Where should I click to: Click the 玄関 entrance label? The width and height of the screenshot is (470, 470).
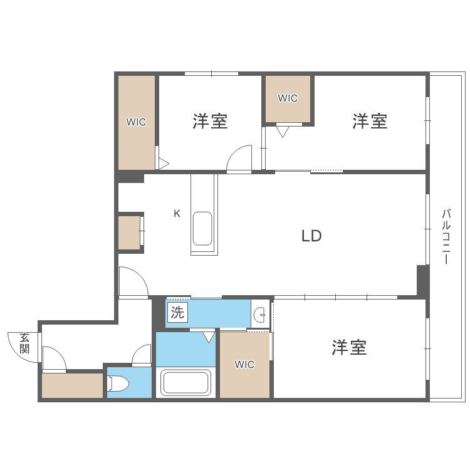[24, 343]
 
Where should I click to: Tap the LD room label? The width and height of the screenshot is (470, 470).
[311, 236]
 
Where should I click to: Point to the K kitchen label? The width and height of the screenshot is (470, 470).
[177, 213]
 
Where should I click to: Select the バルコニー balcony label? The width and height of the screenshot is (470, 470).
[446, 236]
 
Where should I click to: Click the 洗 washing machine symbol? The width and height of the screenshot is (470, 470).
[177, 313]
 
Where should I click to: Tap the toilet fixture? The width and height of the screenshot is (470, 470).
[118, 384]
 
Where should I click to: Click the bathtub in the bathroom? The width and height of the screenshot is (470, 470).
[185, 382]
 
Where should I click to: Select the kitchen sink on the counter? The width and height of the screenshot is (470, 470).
[202, 229]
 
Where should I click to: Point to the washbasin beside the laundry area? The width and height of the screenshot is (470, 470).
[259, 315]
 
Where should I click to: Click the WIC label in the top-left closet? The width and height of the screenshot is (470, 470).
[136, 122]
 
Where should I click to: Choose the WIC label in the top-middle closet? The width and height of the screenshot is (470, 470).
[288, 98]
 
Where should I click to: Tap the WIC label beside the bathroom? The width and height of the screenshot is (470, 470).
[244, 365]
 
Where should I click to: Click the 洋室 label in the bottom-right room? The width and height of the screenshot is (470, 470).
[349, 347]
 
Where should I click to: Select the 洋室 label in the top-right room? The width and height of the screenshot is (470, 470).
[370, 121]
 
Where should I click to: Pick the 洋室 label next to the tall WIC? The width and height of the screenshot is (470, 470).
[210, 121]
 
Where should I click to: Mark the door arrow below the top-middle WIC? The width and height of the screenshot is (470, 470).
[283, 132]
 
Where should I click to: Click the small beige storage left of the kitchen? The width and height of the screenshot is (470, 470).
[130, 232]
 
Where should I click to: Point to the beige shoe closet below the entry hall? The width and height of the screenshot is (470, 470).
[72, 385]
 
